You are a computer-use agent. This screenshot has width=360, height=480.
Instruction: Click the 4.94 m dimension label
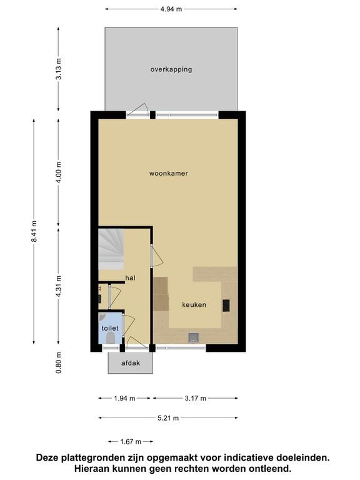click(x=171, y=9)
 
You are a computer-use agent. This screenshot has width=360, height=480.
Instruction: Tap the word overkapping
click(x=171, y=69)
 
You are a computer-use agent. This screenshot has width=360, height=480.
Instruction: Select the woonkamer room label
click(x=169, y=173)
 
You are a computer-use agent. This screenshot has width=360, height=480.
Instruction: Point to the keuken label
click(x=194, y=305)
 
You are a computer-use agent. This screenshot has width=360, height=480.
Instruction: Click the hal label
click(x=131, y=278)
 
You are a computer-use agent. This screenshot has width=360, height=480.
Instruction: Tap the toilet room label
click(x=110, y=328)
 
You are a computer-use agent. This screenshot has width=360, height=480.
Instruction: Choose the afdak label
click(x=131, y=363)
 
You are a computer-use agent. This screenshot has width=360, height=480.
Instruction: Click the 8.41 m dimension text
click(x=34, y=231)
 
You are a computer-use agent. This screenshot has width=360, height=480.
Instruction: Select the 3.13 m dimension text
click(x=59, y=69)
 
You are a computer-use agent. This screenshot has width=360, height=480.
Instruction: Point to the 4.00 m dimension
click(x=59, y=172)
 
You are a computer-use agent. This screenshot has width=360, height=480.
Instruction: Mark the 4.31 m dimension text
click(x=59, y=286)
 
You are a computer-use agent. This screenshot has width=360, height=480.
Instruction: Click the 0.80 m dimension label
click(x=59, y=362)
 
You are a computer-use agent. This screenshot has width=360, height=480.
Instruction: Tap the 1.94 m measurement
click(x=124, y=398)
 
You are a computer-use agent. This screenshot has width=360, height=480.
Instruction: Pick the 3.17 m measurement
click(x=195, y=398)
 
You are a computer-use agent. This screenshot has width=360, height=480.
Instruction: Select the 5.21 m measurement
click(x=168, y=418)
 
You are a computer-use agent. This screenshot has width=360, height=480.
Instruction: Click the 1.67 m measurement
click(x=131, y=441)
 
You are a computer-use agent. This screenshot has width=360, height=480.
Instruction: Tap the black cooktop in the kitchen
click(x=226, y=306)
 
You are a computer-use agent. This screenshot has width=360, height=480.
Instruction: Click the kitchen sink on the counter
click(x=194, y=337)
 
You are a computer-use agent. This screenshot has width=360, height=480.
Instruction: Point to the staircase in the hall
click(x=111, y=249)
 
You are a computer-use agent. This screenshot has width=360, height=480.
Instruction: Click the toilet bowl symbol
click(x=110, y=338)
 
